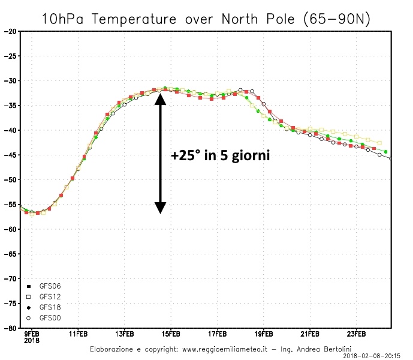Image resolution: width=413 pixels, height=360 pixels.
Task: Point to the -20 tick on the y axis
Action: pyautogui.click(x=11, y=31)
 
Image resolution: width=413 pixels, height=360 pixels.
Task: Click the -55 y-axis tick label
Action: pyautogui.click(x=11, y=205)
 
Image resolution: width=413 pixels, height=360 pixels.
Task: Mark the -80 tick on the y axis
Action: pyautogui.click(x=11, y=328)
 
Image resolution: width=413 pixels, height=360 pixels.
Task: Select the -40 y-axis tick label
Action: pyautogui.click(x=11, y=130)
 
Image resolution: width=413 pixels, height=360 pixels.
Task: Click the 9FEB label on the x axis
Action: pyautogui.click(x=32, y=334)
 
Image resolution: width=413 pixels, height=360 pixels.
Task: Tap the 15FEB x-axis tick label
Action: pyautogui.click(x=171, y=334)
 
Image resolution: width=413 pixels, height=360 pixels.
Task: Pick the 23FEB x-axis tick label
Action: pyautogui.click(x=356, y=334)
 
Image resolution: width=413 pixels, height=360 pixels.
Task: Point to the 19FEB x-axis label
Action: pyautogui.click(x=264, y=334)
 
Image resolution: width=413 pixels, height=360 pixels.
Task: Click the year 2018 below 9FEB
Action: pyautogui.click(x=31, y=340)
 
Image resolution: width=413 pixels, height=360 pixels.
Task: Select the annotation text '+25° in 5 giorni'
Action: pyautogui.click(x=220, y=155)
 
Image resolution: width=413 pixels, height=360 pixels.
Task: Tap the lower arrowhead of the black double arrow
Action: pyautogui.click(x=160, y=208)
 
